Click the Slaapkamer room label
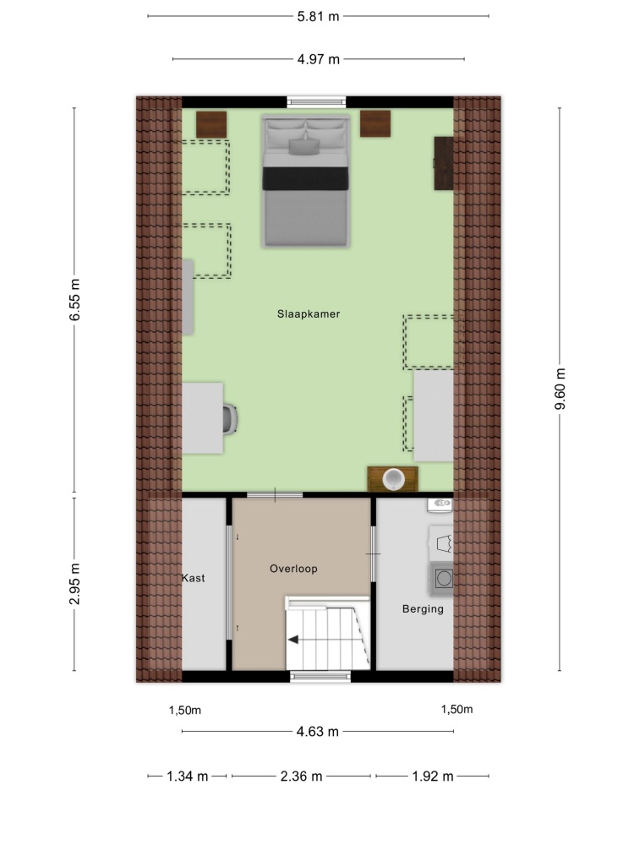click(309, 313)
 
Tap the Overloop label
click(293, 569)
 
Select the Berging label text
click(423, 609)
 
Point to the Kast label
click(193, 578)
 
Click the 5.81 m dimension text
click(318, 16)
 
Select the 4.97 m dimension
click(318, 59)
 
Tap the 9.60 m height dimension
click(560, 389)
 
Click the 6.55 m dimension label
click(75, 300)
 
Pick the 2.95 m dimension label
click(75, 584)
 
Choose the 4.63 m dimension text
click(318, 731)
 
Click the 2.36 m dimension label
click(301, 776)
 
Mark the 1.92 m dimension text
click(432, 776)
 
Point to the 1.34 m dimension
click(187, 776)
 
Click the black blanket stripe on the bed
click(305, 178)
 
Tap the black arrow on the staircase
click(293, 640)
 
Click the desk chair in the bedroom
click(230, 419)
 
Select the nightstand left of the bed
click(210, 124)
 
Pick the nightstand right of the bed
click(375, 123)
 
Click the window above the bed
click(316, 101)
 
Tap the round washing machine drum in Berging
click(444, 579)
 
